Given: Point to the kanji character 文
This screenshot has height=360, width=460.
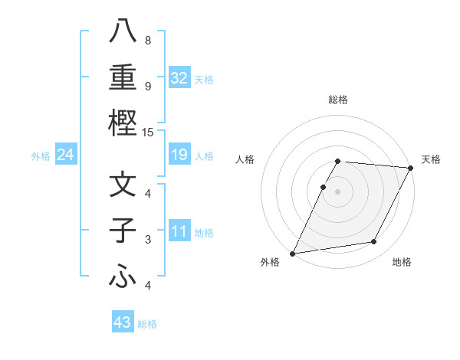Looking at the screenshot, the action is pyautogui.click(x=123, y=185).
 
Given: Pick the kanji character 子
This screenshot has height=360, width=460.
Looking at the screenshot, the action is pyautogui.click(x=123, y=231).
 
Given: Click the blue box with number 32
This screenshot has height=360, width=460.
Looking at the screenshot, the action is pyautogui.click(x=179, y=77).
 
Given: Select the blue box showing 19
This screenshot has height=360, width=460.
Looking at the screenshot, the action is pyautogui.click(x=179, y=155).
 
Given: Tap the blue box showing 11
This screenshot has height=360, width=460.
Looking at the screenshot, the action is pyautogui.click(x=179, y=231).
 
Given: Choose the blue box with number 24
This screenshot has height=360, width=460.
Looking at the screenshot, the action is pyautogui.click(x=66, y=155).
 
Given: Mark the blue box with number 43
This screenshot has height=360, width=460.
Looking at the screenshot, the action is pyautogui.click(x=122, y=322).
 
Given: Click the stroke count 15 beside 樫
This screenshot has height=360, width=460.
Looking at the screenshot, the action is pyautogui.click(x=149, y=133).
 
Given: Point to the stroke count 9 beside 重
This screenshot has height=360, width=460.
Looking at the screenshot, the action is pyautogui.click(x=148, y=86).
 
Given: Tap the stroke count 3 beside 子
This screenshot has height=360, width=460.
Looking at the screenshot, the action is pyautogui.click(x=148, y=241).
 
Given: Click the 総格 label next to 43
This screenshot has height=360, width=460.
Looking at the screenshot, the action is pyautogui.click(x=147, y=324).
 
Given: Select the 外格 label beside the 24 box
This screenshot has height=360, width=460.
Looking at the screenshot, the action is pyautogui.click(x=41, y=156).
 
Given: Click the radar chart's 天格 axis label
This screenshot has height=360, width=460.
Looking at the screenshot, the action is pyautogui.click(x=431, y=159).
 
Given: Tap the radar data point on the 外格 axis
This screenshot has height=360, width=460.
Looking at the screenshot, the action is pyautogui.click(x=292, y=254).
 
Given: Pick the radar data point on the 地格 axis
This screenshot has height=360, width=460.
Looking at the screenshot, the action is pyautogui.click(x=374, y=242).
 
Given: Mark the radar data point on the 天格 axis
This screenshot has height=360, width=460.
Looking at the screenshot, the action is pyautogui.click(x=412, y=168).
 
